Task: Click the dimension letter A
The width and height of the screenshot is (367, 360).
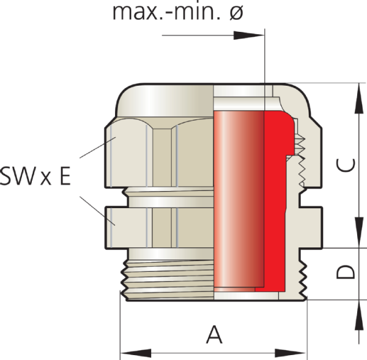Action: point(214,334)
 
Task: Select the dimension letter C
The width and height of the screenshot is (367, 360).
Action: point(346,165)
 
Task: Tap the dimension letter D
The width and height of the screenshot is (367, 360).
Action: point(346,272)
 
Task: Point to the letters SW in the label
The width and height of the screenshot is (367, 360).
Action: point(17,176)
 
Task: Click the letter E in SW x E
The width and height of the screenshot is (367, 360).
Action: point(65,176)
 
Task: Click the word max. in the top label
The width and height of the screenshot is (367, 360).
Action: point(140,13)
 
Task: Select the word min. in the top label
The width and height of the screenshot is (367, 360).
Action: point(198,12)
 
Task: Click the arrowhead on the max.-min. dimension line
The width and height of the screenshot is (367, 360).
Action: point(249,36)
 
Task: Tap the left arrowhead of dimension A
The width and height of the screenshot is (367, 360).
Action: point(136,353)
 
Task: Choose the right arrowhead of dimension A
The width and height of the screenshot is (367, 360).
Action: point(291,353)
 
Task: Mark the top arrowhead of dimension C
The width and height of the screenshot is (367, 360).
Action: point(359,99)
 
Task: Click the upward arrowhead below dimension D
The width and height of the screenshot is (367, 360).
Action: point(359,315)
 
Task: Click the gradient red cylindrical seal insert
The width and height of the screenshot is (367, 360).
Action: point(239,199)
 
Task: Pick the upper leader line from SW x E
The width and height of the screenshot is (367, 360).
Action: point(98,148)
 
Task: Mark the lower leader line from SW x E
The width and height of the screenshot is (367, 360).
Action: point(97,211)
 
